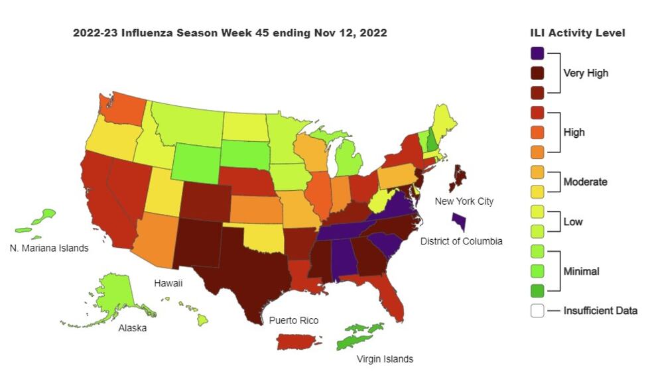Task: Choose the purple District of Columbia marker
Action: [458, 222]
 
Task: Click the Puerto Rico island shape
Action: [298, 341]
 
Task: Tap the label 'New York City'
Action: [464, 201]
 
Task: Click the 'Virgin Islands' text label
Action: [385, 359]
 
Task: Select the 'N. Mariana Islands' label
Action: [49, 248]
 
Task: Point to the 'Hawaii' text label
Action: [168, 283]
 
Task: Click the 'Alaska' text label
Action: [133, 327]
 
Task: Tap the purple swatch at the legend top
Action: [538, 53]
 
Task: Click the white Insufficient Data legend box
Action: [538, 309]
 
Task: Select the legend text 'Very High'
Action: [585, 73]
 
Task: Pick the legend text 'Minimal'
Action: [581, 271]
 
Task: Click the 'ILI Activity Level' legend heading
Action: [577, 33]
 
